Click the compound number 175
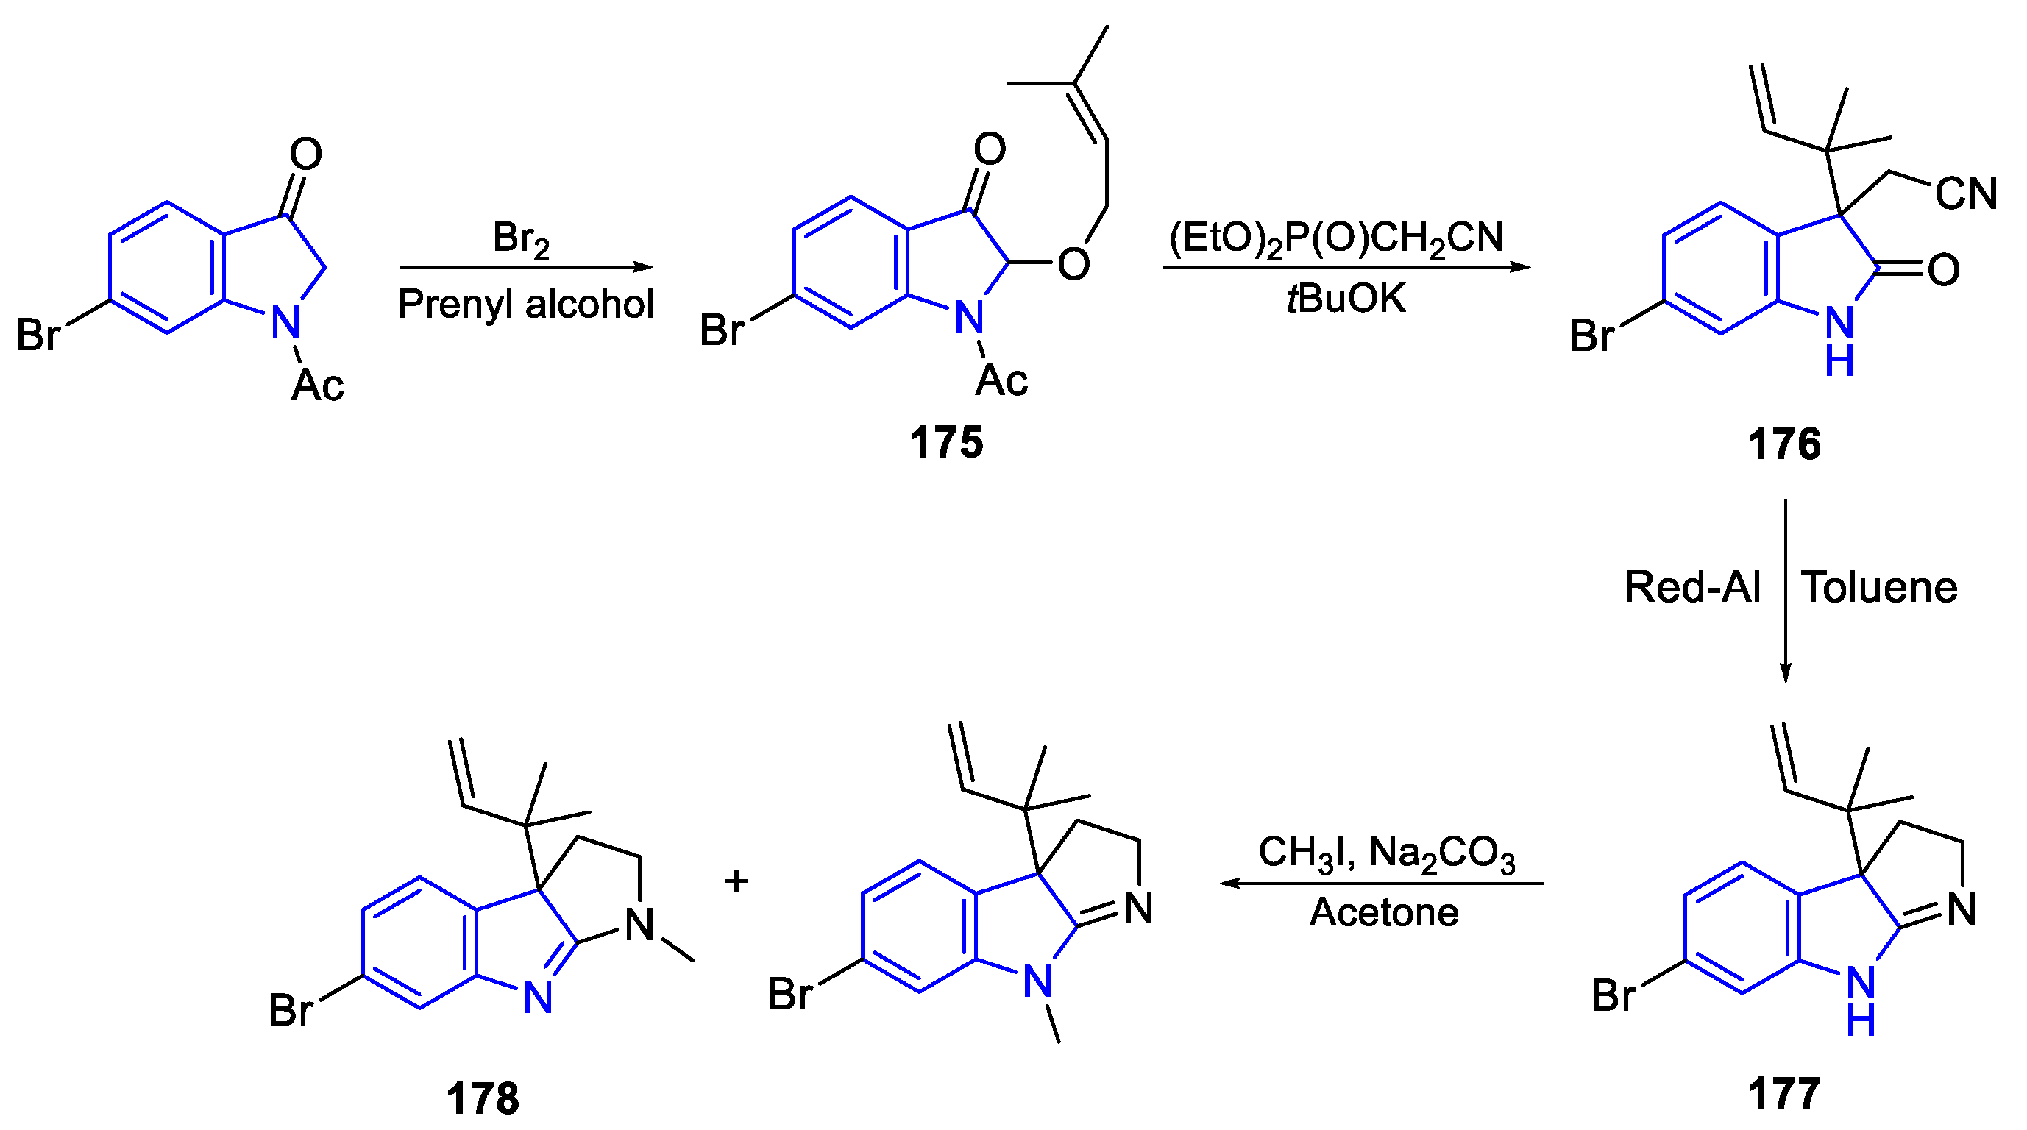click(x=946, y=442)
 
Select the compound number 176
click(x=1784, y=444)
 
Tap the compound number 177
click(x=1784, y=1093)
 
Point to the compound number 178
click(x=483, y=1098)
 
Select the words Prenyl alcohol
click(x=525, y=304)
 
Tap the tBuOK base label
click(x=1346, y=299)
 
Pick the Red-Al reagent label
click(x=1691, y=587)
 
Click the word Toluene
click(x=1879, y=587)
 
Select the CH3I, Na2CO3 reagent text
click(x=1386, y=855)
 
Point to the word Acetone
click(x=1384, y=913)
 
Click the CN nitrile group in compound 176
click(x=1966, y=193)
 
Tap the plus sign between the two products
click(x=736, y=881)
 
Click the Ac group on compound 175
click(x=1001, y=381)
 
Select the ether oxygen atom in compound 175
click(x=1073, y=264)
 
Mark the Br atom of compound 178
click(x=291, y=1010)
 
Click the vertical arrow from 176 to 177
click(x=1786, y=590)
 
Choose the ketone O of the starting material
click(x=305, y=154)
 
